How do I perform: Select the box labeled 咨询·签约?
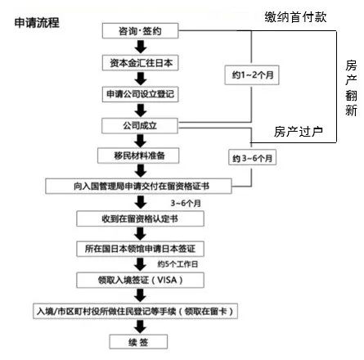pyautogui.click(x=141, y=31)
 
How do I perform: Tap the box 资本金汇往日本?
pyautogui.click(x=141, y=62)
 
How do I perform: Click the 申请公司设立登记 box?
pyautogui.click(x=141, y=93)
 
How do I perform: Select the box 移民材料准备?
pyautogui.click(x=141, y=155)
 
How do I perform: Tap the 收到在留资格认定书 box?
pyautogui.click(x=141, y=218)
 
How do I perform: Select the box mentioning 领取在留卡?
pyautogui.click(x=141, y=312)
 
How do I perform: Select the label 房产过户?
pyautogui.click(x=299, y=131)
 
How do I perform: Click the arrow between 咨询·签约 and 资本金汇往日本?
pyautogui.click(x=141, y=47)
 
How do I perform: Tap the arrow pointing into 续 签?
pyautogui.click(x=141, y=328)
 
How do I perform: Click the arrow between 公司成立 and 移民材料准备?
pyautogui.click(x=141, y=140)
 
